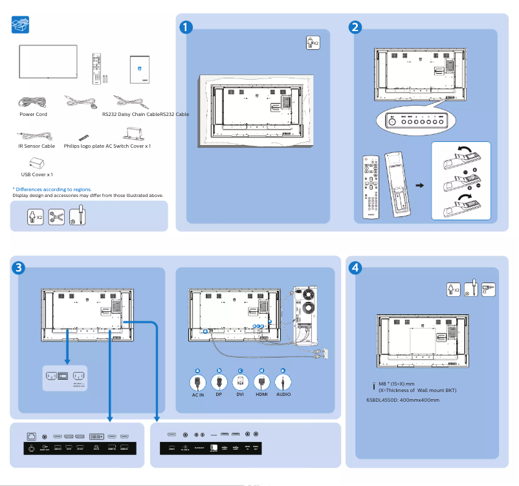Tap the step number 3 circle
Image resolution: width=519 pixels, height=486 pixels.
point(19,268)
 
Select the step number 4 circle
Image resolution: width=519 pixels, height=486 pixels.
point(355,268)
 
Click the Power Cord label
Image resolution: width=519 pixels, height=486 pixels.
point(33,114)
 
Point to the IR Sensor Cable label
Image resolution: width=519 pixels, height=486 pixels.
point(37,146)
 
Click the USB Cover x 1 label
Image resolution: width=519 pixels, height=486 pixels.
point(37,174)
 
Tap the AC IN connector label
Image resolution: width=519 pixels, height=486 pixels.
point(198,394)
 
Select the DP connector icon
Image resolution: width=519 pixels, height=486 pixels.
point(219,380)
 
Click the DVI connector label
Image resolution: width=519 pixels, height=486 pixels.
point(240,394)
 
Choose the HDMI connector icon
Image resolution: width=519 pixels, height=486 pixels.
point(261,380)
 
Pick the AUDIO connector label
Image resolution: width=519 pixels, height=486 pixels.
point(283,394)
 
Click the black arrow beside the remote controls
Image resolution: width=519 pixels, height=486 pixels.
point(419,185)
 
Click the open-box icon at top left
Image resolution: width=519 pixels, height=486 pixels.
point(21,25)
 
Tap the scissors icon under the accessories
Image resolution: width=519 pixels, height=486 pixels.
point(57,216)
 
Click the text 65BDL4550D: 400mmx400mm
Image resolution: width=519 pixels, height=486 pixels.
point(403,400)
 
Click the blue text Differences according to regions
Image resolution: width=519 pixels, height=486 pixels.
point(52,189)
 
